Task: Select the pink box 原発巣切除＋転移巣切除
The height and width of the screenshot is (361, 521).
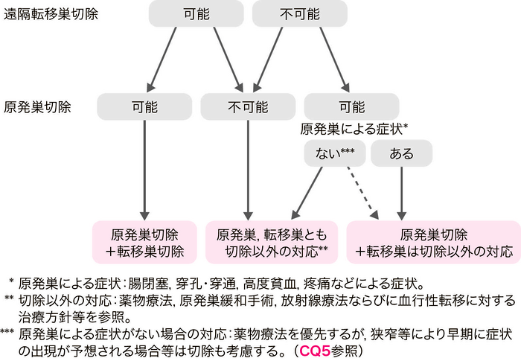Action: point(144,241)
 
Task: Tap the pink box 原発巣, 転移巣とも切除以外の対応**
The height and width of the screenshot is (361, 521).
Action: point(272,241)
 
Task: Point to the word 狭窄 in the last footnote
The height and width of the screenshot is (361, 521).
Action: point(400,332)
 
